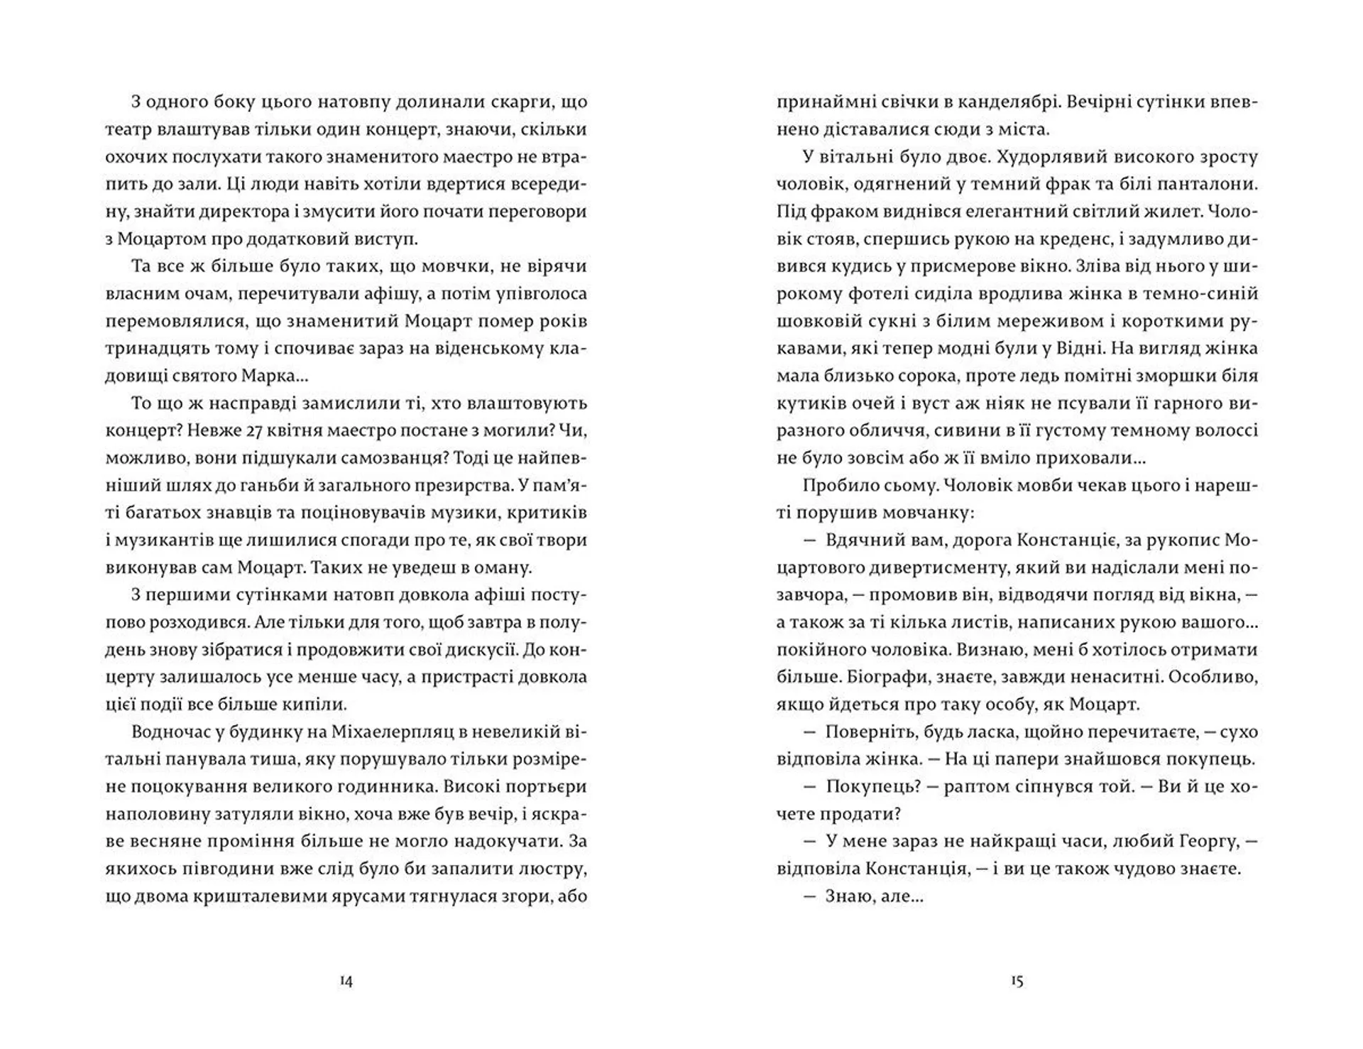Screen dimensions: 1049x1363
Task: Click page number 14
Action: (346, 982)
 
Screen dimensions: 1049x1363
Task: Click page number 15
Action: (1017, 982)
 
